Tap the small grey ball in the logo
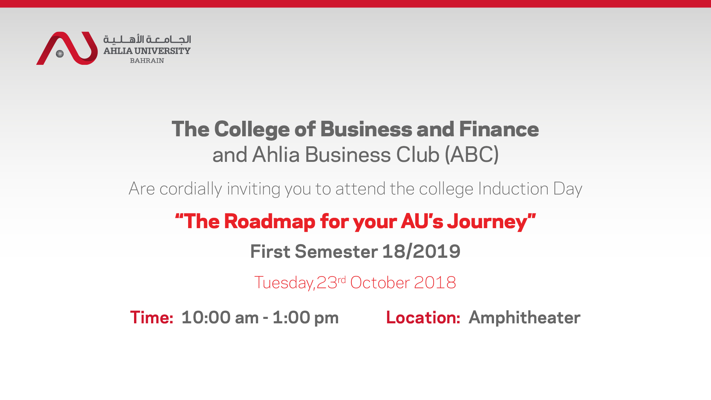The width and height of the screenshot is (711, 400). (60, 54)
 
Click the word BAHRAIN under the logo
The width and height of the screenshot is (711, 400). (147, 61)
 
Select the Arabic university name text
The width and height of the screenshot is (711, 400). (147, 39)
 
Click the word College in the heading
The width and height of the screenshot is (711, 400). (252, 130)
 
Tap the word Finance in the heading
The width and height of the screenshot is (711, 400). (499, 129)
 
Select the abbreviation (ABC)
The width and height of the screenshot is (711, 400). (472, 154)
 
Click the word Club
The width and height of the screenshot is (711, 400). (418, 154)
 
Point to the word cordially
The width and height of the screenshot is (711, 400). (191, 189)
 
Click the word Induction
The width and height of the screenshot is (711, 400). (513, 189)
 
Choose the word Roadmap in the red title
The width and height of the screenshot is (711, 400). (270, 222)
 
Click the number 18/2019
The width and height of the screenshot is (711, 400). (421, 251)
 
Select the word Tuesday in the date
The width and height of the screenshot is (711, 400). (284, 283)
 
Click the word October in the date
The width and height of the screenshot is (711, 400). (380, 283)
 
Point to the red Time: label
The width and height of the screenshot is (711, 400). (152, 318)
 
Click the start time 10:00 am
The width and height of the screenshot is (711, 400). (220, 318)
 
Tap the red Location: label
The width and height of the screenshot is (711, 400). (423, 318)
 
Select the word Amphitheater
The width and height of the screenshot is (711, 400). (525, 317)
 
